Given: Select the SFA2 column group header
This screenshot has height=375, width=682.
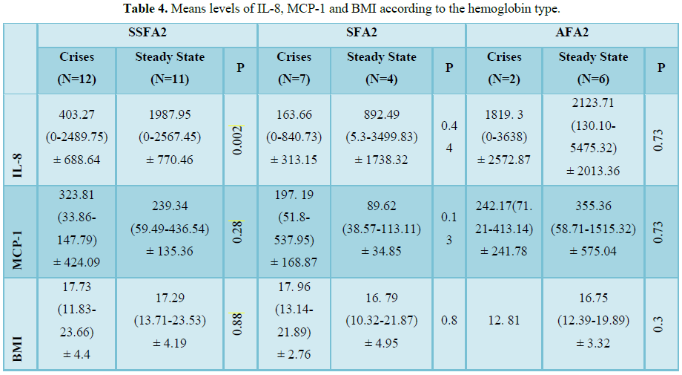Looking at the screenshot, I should click(361, 35).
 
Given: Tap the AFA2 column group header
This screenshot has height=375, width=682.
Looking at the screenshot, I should click(572, 35).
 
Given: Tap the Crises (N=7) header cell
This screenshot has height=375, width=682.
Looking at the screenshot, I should click(294, 67).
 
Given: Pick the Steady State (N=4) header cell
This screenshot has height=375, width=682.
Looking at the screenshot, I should click(382, 67).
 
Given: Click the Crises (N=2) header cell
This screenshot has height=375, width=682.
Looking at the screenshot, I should click(504, 67).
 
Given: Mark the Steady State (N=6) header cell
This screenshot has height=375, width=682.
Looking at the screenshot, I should click(593, 67).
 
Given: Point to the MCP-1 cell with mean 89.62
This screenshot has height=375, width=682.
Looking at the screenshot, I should click(382, 231).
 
